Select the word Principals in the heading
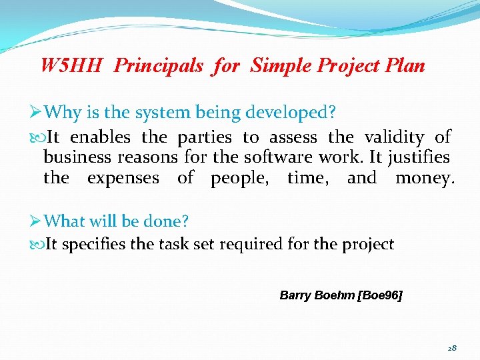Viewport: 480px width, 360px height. click(x=158, y=66)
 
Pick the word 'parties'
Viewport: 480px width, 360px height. click(x=205, y=137)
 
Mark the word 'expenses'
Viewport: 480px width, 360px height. click(x=123, y=179)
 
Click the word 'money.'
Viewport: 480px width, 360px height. click(x=425, y=179)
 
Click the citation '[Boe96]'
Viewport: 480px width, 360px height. click(x=380, y=295)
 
